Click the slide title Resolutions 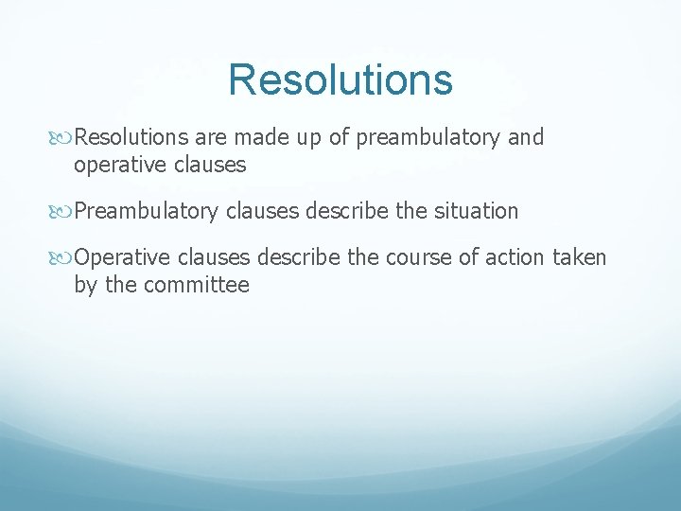(340, 79)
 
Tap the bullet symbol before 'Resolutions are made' (64, 138)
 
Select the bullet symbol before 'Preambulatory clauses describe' (64, 211)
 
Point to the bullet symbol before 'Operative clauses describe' (64, 257)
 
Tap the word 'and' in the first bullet (526, 138)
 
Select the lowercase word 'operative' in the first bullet (119, 165)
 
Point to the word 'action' (512, 257)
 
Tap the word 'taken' (579, 257)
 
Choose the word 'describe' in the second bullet (344, 211)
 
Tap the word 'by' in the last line (86, 284)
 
